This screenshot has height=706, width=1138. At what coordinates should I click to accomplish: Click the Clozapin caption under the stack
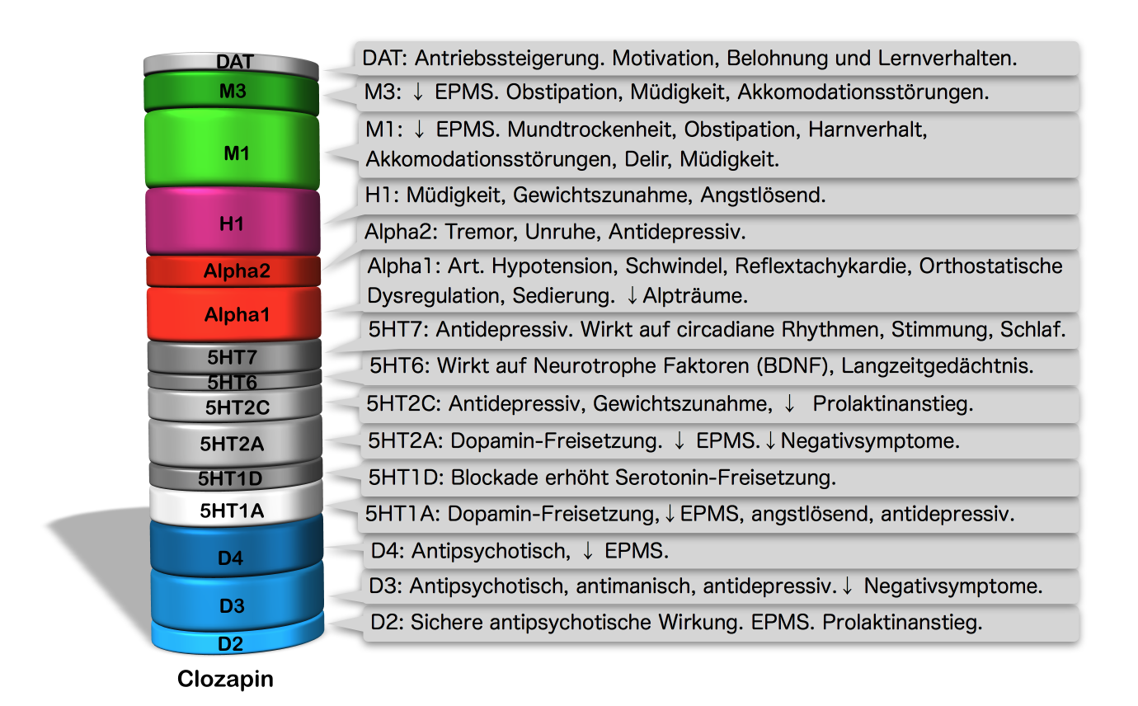click(225, 680)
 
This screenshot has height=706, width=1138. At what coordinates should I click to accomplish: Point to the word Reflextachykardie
click(822, 266)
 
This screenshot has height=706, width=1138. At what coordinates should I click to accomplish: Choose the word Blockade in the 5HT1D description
click(487, 477)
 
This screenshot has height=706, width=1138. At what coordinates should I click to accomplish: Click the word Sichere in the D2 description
click(445, 623)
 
